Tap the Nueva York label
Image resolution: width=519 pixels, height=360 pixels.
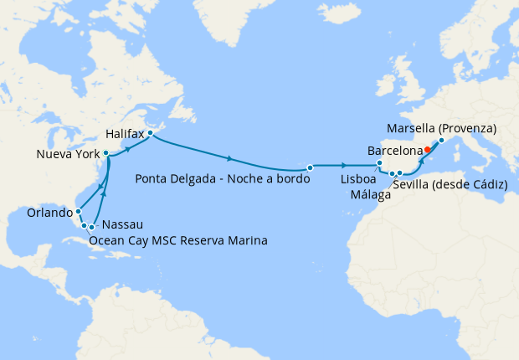(x=69, y=155)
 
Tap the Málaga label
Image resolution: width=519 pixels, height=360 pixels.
(x=372, y=195)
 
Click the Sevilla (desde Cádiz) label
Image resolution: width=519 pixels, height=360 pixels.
(x=450, y=183)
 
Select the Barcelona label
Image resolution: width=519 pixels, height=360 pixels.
(x=395, y=152)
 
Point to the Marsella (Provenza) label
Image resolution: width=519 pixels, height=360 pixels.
(x=443, y=128)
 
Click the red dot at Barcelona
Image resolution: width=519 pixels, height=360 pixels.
(x=427, y=150)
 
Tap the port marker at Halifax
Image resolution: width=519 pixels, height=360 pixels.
(x=149, y=133)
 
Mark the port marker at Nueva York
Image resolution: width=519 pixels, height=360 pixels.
(x=105, y=153)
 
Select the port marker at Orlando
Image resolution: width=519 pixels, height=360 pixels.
(x=78, y=211)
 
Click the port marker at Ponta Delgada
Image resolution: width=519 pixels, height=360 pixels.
(x=310, y=167)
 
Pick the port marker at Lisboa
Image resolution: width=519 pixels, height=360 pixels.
(x=380, y=163)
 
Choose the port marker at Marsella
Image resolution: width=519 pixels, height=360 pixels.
(x=441, y=140)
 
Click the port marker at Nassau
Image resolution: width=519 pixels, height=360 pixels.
(x=91, y=227)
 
